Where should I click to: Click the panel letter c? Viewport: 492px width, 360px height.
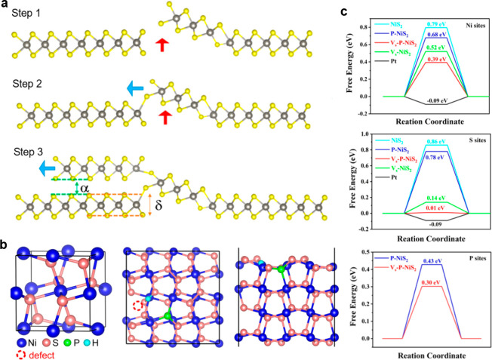345,12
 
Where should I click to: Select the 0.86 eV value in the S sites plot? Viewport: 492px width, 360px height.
417,142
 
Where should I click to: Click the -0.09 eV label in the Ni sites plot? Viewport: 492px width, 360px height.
417,100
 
